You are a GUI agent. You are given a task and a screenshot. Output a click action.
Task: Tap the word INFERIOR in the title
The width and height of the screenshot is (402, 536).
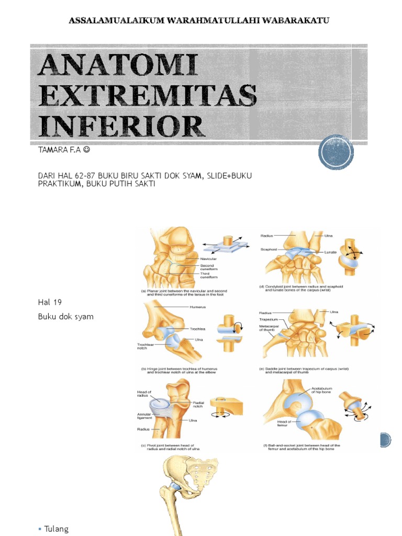[120, 127]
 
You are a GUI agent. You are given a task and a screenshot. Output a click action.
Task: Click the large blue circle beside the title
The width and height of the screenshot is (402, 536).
[336, 152]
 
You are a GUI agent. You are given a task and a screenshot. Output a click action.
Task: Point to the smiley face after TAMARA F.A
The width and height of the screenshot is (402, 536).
[86, 151]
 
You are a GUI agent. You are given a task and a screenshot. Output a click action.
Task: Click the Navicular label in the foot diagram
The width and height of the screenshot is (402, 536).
[208, 259]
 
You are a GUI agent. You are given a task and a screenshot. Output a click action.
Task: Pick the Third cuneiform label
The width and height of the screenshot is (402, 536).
[208, 275]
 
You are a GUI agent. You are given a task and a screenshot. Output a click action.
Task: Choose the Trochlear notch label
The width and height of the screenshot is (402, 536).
[146, 347]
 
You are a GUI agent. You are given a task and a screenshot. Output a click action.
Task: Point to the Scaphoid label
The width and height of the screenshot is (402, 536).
[269, 250]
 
